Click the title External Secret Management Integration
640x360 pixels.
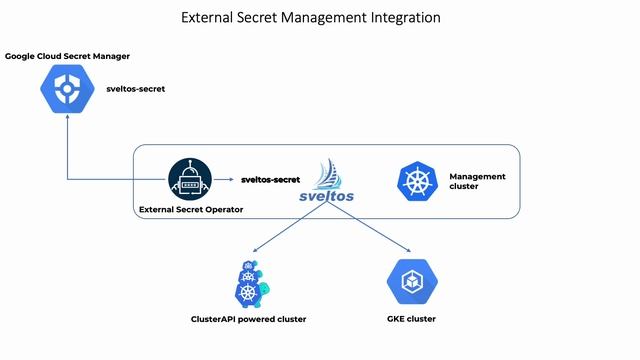coord(310,17)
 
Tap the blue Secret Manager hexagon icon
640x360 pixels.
coord(67,90)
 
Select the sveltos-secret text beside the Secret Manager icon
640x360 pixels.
coord(136,89)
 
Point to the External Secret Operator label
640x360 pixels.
coord(190,209)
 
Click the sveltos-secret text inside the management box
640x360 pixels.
coord(270,180)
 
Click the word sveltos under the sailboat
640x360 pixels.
coord(329,196)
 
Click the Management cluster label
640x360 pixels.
coord(477,181)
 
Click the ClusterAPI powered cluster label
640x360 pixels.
coord(248,319)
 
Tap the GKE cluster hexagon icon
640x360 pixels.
coord(411,282)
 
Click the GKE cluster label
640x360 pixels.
coord(411,319)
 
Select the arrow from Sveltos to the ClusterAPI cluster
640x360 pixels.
coord(290,228)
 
